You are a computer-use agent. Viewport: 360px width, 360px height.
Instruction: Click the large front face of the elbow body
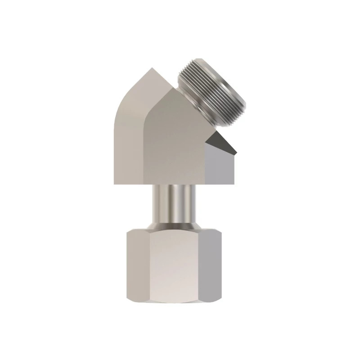(175, 144)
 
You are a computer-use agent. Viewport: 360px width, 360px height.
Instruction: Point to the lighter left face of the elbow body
(128, 135)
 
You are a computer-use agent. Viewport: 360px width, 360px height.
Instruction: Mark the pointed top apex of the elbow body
(153, 68)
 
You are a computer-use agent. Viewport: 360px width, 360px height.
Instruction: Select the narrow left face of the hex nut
(137, 265)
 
